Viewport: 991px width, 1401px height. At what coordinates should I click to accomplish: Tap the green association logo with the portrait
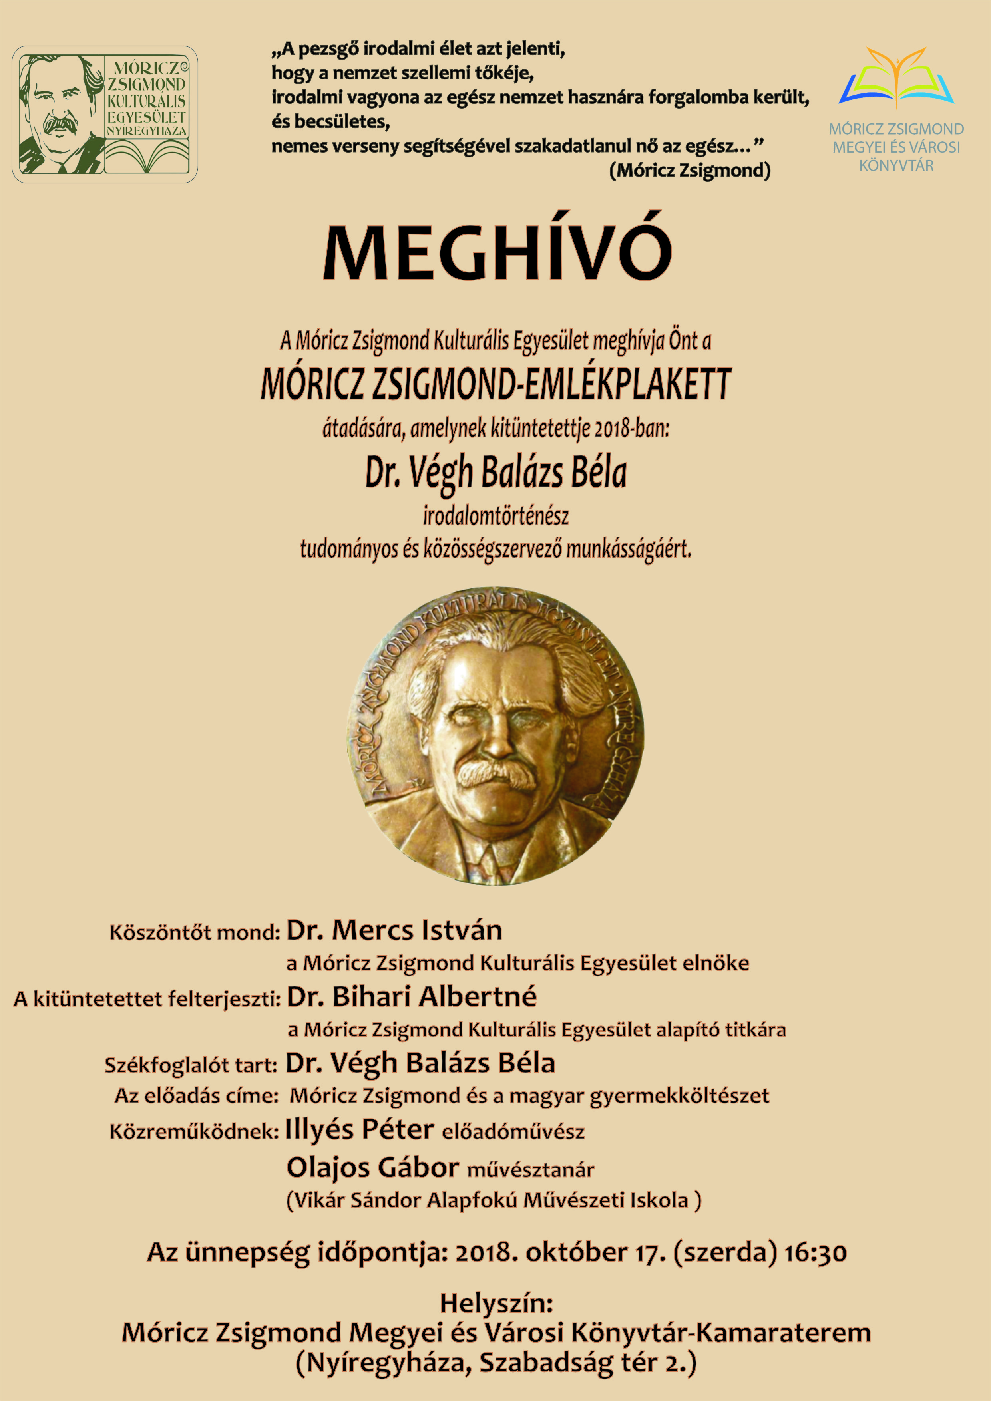pos(105,115)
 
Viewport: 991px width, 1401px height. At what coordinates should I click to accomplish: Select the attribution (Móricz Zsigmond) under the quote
pos(690,170)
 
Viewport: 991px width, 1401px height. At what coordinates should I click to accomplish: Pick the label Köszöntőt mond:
pos(195,933)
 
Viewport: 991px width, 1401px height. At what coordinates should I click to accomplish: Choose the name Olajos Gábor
pos(372,1168)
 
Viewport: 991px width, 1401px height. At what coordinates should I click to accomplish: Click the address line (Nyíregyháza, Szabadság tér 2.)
pos(495,1363)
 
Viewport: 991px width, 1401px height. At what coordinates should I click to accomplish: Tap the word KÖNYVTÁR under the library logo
pos(896,165)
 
